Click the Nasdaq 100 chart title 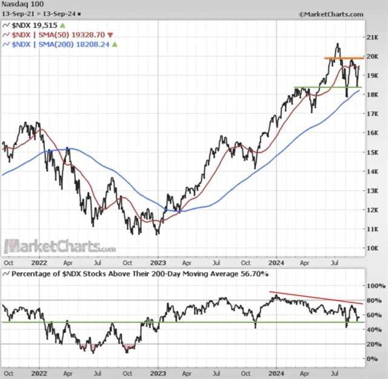[21, 5]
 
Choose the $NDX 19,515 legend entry [36, 26]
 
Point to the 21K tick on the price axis [373, 38]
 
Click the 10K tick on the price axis [373, 248]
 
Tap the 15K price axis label [373, 152]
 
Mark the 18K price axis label [373, 95]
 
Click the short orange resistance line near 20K [343, 58]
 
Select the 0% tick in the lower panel [373, 359]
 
